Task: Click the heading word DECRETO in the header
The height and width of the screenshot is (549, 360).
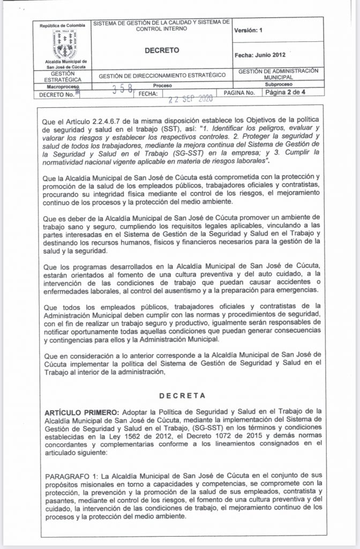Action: click(161, 50)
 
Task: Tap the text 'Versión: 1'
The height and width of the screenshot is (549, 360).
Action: click(249, 31)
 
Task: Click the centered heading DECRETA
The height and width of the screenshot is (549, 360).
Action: click(180, 396)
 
